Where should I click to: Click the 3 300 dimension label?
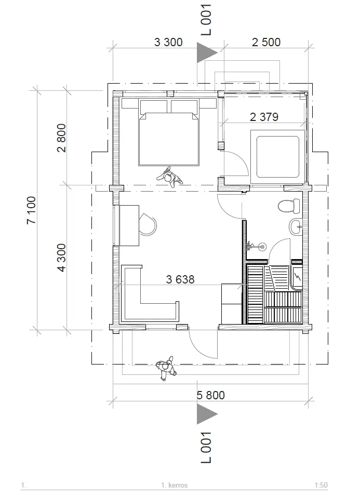(x=168, y=42)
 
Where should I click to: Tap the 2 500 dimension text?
(x=266, y=42)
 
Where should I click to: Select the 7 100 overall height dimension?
(x=31, y=210)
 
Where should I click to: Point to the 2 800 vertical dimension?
(x=61, y=138)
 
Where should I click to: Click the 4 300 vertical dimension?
(x=61, y=258)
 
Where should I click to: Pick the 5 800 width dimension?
(x=211, y=395)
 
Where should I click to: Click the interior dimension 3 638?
(x=180, y=279)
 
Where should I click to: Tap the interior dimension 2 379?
(x=264, y=117)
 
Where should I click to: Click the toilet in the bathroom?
(x=289, y=206)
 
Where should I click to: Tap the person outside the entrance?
(x=166, y=368)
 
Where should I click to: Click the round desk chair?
(x=148, y=224)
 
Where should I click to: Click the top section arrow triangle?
(x=207, y=52)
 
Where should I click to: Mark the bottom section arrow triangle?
(x=207, y=414)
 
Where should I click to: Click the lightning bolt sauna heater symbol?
(x=298, y=277)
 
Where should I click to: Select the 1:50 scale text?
(x=321, y=485)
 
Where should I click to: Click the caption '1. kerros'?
(x=175, y=485)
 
